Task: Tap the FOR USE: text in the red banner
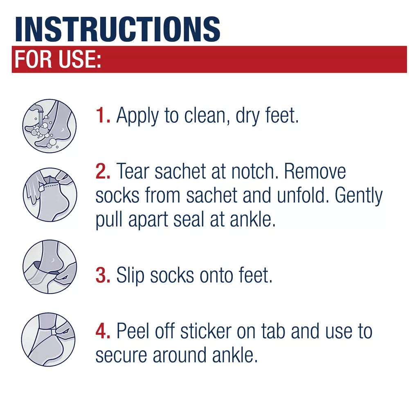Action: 58,60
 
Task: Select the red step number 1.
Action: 103,116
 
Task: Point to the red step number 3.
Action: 103,275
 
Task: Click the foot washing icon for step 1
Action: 49,126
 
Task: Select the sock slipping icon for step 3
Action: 49,267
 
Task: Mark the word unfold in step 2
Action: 302,196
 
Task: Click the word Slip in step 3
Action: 130,276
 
